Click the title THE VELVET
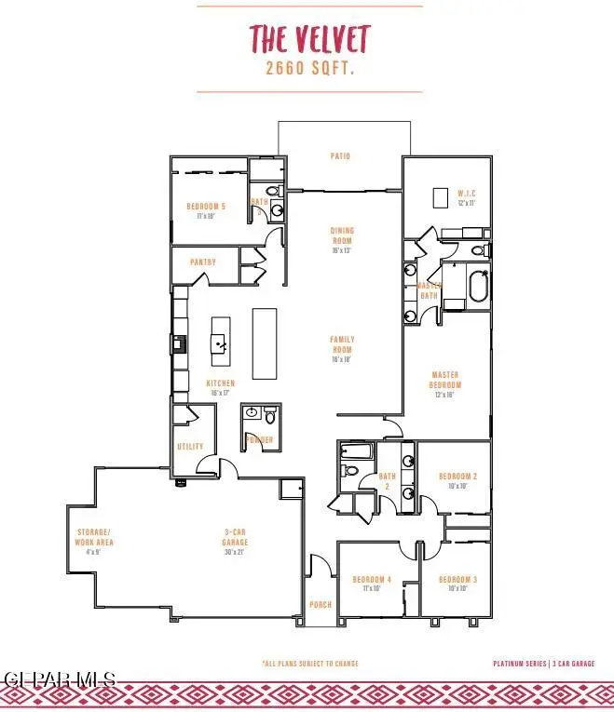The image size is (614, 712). tap(308, 39)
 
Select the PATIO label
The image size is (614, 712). tap(341, 156)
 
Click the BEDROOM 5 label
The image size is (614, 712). tap(206, 207)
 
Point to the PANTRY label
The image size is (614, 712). tap(202, 262)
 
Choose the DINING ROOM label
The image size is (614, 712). tap(342, 235)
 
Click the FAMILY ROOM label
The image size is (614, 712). tap(342, 343)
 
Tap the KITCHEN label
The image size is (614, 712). tap(221, 383)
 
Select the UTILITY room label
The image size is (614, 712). tap(190, 447)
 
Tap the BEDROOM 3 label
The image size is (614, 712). tap(457, 580)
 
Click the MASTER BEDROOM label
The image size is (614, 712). tap(445, 380)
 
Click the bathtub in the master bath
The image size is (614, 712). tap(477, 287)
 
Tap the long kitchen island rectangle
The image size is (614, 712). tap(266, 343)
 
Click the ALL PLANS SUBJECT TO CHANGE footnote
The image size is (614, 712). tap(309, 664)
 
